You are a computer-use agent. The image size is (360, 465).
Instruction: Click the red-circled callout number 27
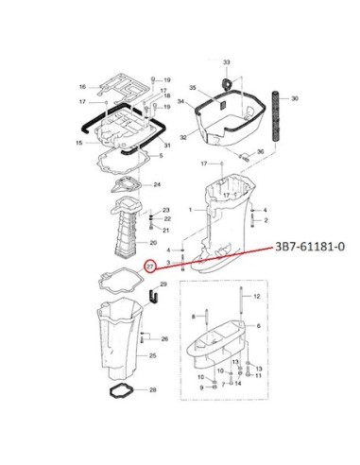[x=150, y=267]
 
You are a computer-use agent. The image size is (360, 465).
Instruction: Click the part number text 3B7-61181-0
[x=310, y=247]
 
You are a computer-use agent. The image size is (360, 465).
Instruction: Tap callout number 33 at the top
[x=227, y=62]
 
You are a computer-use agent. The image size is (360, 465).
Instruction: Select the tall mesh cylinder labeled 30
[x=276, y=116]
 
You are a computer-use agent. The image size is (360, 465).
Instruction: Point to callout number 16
[x=82, y=87]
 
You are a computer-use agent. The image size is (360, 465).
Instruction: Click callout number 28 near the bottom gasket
[x=153, y=390]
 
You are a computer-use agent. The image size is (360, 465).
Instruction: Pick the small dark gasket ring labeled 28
[x=121, y=391]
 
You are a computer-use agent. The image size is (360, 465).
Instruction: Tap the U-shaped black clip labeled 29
[x=153, y=297]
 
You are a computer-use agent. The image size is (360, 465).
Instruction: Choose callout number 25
[x=153, y=355]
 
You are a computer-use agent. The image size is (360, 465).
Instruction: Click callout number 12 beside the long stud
[x=257, y=296]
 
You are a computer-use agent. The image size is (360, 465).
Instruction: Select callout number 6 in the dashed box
[x=259, y=326]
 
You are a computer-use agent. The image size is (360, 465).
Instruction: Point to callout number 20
[x=153, y=243]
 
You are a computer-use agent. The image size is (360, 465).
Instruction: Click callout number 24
[x=157, y=184]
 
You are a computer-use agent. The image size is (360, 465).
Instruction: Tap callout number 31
[x=167, y=146]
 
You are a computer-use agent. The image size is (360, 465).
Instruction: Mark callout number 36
[x=260, y=152]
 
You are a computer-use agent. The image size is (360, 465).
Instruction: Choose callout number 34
[x=180, y=101]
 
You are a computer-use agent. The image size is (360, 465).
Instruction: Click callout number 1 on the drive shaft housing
[x=190, y=210]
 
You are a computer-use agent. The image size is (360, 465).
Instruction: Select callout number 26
[x=164, y=339]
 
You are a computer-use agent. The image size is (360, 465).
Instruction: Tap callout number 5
[x=161, y=156]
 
